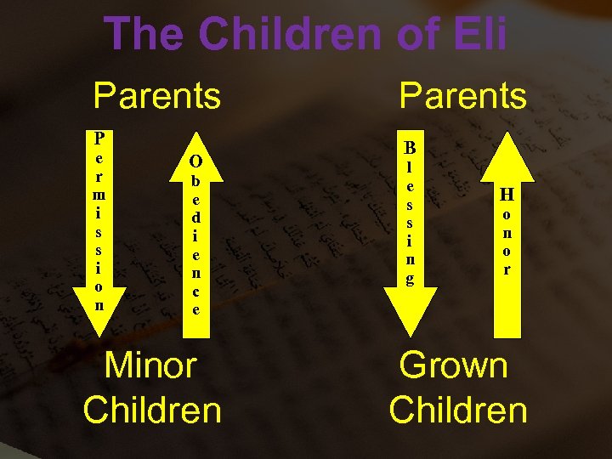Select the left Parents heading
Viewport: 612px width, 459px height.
157,96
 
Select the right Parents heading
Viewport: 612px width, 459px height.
463,96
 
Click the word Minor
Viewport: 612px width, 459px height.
150,365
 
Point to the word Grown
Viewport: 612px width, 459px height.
454,365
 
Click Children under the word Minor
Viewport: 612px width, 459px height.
153,410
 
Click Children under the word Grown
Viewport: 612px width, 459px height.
458,410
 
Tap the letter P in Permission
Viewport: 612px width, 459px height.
100,137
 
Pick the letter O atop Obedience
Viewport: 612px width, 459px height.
195,161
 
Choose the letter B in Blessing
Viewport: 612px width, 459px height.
410,148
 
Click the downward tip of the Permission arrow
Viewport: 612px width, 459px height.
100,334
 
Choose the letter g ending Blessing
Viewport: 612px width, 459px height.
410,279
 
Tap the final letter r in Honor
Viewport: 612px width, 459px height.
507,269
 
